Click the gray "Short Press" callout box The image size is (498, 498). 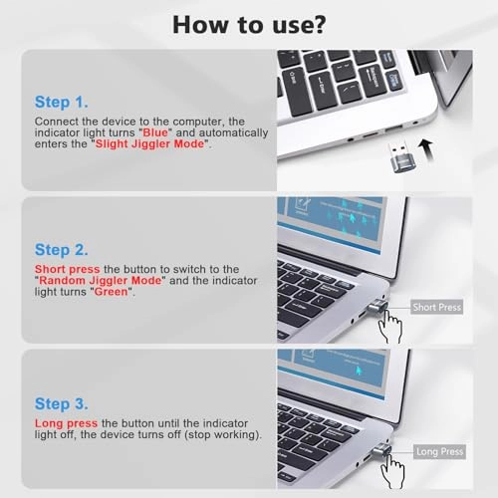click(x=436, y=307)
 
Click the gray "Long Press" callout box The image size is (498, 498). click(x=438, y=452)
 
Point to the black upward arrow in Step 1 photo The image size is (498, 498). click(x=431, y=154)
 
